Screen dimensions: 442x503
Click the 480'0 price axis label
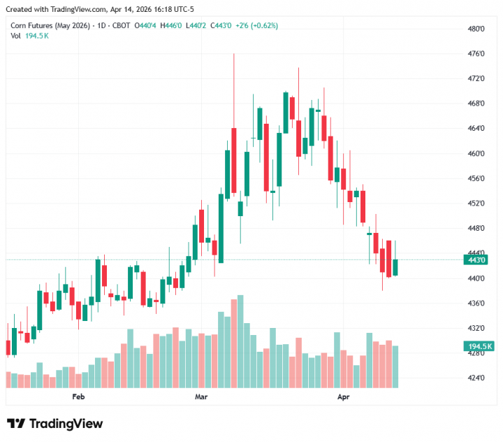tap(476, 29)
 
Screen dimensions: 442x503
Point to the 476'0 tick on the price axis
tap(476, 54)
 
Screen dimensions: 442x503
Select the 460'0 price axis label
tap(476, 154)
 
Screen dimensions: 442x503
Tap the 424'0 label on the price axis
tap(476, 378)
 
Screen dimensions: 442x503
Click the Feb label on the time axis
tap(78, 397)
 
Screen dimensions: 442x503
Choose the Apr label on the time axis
tap(343, 397)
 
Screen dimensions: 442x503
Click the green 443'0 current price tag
tap(476, 260)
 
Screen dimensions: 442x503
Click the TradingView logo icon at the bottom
tap(16, 424)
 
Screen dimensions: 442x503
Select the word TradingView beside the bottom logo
tap(66, 424)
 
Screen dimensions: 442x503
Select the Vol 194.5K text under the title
tap(29, 35)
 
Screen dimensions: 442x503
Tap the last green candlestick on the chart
tap(395, 267)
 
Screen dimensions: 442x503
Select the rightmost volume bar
tap(395, 366)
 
